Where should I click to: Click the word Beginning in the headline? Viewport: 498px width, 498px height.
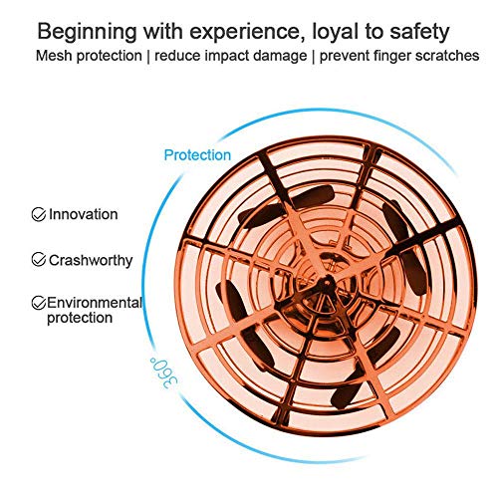(x=87, y=33)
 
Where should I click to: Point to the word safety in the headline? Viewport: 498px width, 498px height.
(x=419, y=33)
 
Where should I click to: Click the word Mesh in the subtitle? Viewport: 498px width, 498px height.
(x=54, y=56)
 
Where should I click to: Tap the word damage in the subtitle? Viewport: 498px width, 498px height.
(x=280, y=56)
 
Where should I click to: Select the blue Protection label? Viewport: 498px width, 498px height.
(x=197, y=155)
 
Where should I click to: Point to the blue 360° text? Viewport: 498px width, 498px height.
(x=163, y=373)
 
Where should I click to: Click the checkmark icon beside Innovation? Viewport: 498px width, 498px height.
(x=39, y=214)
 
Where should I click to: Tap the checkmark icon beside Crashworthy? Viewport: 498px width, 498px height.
(x=39, y=259)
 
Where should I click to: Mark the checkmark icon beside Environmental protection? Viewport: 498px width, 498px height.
(x=39, y=303)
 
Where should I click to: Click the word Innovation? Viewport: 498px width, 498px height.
(x=84, y=214)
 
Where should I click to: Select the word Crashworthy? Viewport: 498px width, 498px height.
(x=91, y=261)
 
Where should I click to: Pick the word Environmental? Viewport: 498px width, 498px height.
(x=95, y=303)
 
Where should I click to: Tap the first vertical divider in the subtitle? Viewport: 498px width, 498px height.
(x=147, y=57)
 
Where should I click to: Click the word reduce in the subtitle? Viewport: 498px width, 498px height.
(x=177, y=56)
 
